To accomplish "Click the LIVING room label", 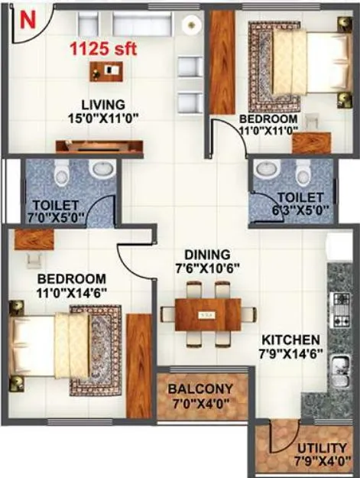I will (105, 105).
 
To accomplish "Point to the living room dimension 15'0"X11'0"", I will (105, 120).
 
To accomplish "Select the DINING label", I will (207, 255).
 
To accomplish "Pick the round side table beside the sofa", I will (190, 24).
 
